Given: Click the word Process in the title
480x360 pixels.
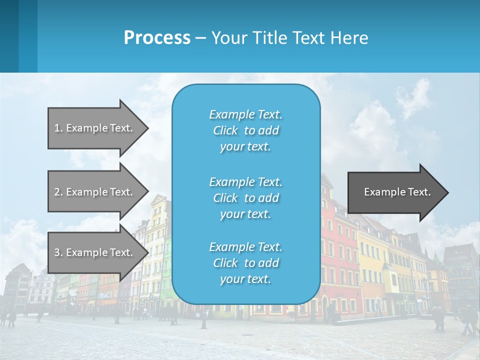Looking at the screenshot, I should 157,38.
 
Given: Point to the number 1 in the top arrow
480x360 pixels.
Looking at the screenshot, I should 57,128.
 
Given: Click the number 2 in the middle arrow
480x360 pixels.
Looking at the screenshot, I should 57,192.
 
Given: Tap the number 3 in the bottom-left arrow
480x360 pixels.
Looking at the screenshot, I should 57,252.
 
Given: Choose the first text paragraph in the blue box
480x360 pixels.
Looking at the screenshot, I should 245,130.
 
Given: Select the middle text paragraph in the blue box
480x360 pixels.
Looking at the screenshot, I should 245,198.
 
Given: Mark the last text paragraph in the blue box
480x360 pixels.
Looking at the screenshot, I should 245,263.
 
